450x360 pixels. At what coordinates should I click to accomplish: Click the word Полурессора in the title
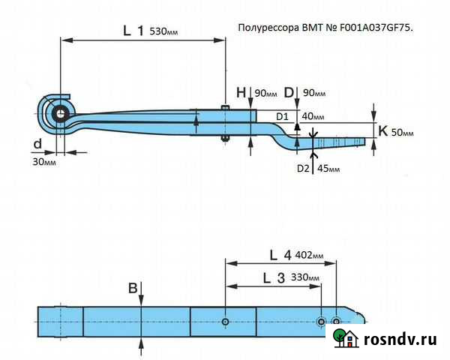(x=265, y=28)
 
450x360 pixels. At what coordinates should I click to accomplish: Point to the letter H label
(x=241, y=92)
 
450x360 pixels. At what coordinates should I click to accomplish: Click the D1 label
(x=282, y=116)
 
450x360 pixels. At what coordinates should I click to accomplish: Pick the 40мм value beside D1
(x=313, y=117)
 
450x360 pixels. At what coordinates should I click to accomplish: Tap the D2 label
(x=303, y=169)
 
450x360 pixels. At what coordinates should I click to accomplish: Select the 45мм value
(x=328, y=169)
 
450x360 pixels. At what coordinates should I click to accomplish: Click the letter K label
(x=382, y=130)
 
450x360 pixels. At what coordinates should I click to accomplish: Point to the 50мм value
(x=403, y=132)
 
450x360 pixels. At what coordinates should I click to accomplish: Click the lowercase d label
(x=37, y=143)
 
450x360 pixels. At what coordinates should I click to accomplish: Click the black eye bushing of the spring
(x=59, y=113)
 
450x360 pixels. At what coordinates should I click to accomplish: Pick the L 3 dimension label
(x=273, y=277)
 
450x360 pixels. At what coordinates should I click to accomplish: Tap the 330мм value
(x=304, y=278)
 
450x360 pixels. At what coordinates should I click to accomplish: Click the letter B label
(x=133, y=287)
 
